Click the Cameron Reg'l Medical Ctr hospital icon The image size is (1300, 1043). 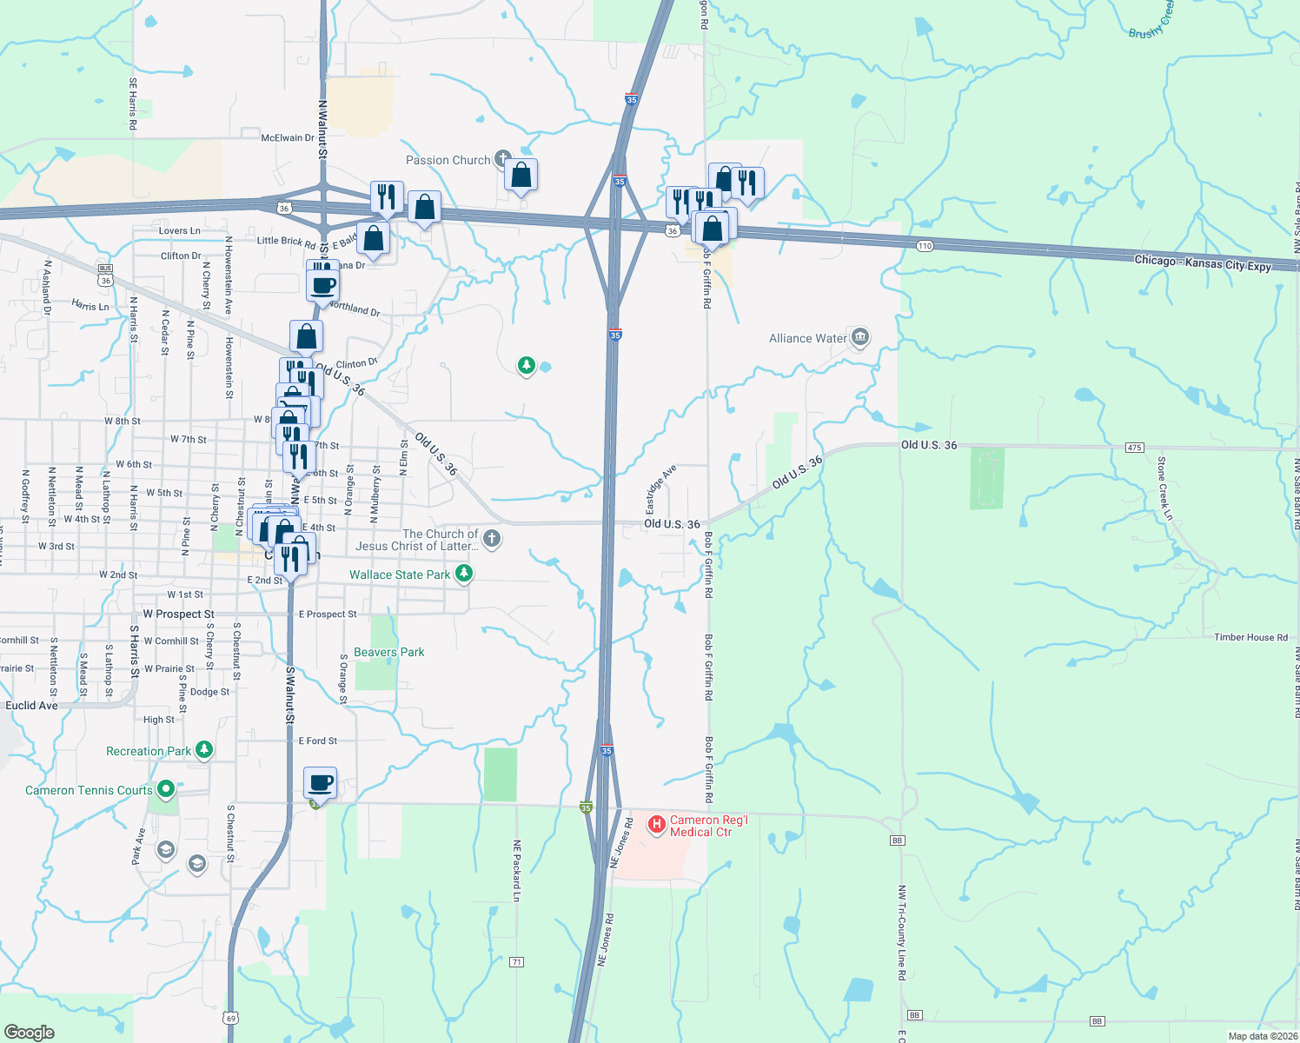coord(656,822)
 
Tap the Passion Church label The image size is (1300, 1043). coord(448,160)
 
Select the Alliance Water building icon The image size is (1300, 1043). coord(860,337)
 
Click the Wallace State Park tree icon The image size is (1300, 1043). coord(464,574)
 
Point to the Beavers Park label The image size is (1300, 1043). coord(389,652)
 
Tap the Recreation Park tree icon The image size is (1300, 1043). coord(204,749)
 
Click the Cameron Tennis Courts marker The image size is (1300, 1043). coord(165,789)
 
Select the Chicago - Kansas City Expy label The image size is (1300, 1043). coord(1203,263)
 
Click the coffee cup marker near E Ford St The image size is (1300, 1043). coord(321,782)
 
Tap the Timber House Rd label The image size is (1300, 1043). coord(1250,637)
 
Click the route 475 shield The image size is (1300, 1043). coord(1134,448)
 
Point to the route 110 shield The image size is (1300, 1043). coord(925,246)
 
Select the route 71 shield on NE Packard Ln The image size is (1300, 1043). coord(517,962)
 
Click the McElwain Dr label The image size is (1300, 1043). coord(288,137)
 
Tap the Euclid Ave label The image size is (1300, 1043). coord(32,706)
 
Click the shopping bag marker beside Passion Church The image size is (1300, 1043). coord(521,176)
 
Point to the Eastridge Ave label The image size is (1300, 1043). coord(660,489)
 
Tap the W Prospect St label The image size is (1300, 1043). coord(178,614)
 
